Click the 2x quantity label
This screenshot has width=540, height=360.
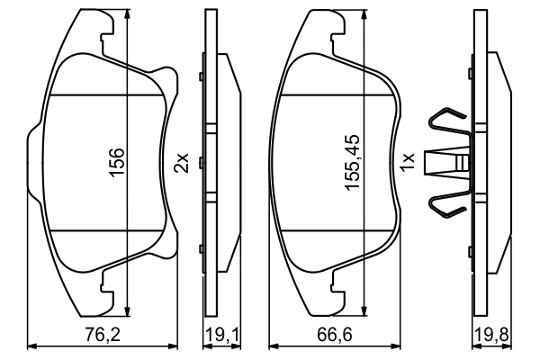pos(182,163)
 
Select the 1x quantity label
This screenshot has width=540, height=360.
pos(408,163)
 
